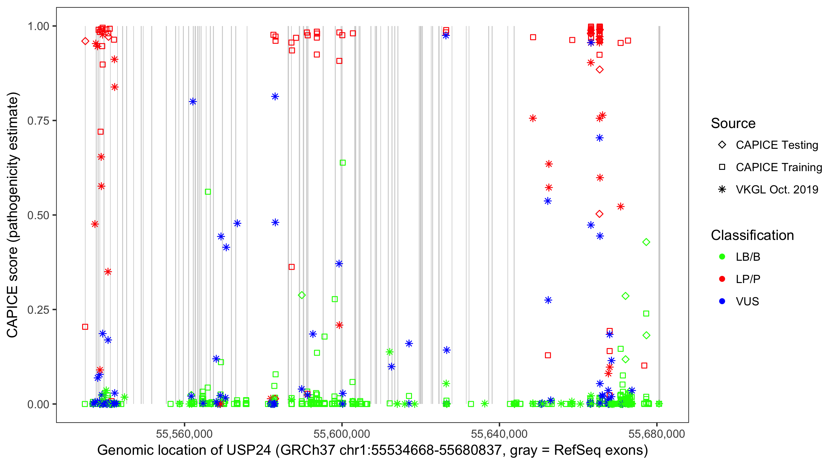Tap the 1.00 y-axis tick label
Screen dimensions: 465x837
[38, 26]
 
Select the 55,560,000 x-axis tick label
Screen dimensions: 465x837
[184, 434]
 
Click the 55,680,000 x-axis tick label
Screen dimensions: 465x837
[657, 434]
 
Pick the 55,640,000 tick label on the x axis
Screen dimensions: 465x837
[499, 434]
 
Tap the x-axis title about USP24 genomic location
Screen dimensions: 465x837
[372, 450]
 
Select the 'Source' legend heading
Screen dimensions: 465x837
[733, 123]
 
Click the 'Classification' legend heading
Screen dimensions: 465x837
[752, 235]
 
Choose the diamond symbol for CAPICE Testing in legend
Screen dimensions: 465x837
[722, 145]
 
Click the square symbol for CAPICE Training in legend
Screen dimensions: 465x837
[722, 167]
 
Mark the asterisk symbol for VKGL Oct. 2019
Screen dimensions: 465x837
[722, 189]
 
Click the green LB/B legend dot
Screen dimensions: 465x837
[722, 257]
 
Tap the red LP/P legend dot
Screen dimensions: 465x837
[722, 279]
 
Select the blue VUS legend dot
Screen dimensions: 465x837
[722, 302]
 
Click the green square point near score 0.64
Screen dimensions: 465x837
[343, 162]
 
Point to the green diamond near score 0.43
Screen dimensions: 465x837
[646, 242]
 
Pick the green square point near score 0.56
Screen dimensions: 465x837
[208, 192]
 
